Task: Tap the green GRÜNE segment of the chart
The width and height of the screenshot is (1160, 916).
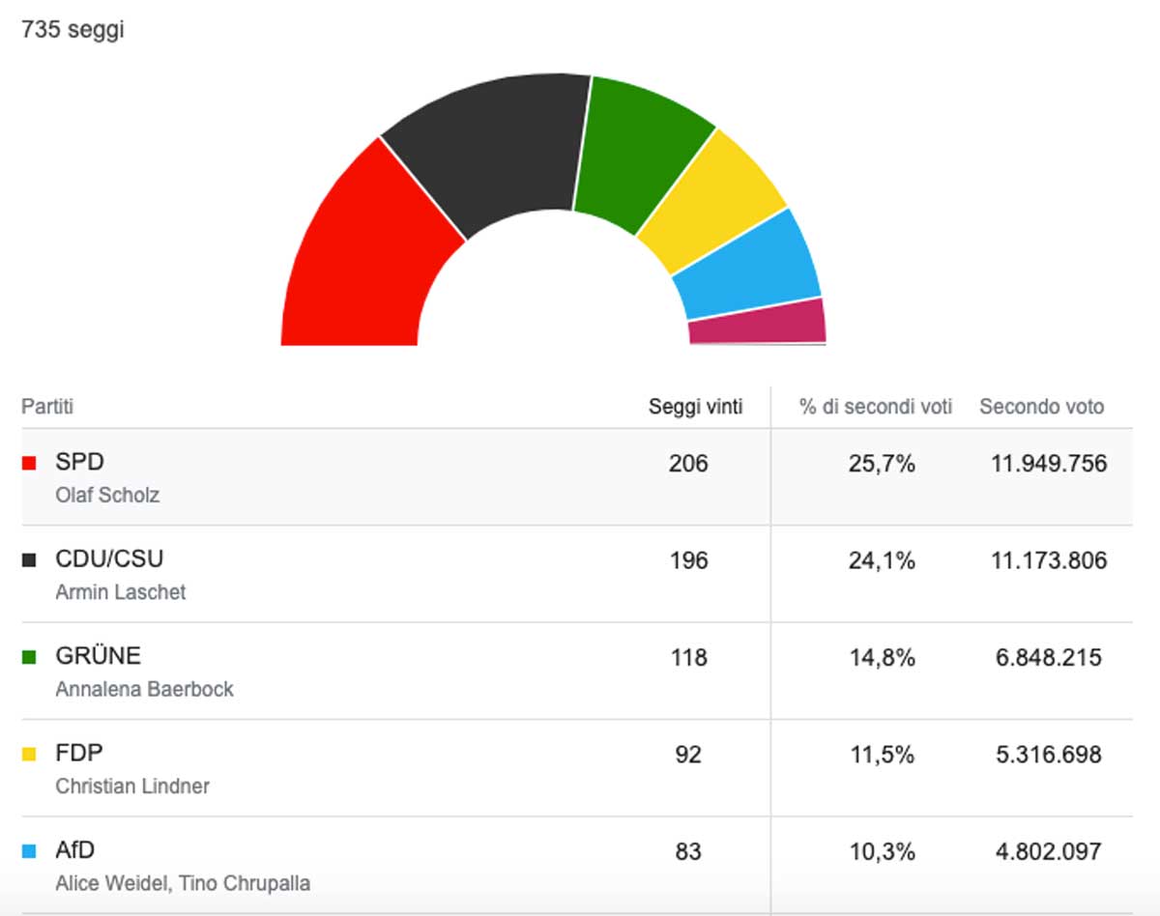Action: coord(638,155)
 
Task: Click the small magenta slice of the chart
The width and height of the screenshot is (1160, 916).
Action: coord(757,322)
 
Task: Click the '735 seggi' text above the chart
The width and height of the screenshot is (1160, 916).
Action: coord(72,30)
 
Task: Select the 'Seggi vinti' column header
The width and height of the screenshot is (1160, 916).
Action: coord(695,407)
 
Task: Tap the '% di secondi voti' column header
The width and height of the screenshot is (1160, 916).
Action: coord(876,407)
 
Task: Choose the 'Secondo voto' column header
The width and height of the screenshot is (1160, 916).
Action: coord(1041,407)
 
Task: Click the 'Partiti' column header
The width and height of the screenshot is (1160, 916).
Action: coord(47,407)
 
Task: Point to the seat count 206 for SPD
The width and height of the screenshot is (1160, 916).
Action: coord(688,464)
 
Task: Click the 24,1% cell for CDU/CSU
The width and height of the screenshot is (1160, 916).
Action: coord(882,560)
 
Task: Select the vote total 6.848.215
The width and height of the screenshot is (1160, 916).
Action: coord(1049,658)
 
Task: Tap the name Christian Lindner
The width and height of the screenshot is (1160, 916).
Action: coord(132,787)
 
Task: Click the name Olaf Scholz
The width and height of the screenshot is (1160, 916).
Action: coord(107,496)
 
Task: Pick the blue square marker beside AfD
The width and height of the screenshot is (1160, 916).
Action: coord(29,851)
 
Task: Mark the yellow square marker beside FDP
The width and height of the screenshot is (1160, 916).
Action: coord(29,754)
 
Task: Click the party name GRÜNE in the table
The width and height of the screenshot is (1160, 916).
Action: coord(98,656)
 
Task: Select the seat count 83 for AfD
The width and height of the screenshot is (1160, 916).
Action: coord(688,852)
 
